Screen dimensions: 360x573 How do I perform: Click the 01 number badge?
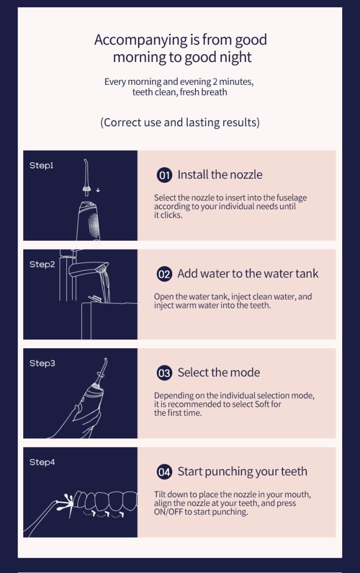pos(164,175)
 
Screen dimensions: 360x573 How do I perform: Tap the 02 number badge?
pos(164,274)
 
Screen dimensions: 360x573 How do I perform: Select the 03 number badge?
pos(164,373)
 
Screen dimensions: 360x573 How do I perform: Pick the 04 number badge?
pos(164,472)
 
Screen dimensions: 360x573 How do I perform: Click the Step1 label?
pos(42,166)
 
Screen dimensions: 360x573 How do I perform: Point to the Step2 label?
pos(42,264)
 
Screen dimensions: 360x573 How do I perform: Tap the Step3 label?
pos(42,363)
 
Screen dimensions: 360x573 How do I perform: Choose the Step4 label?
pos(42,462)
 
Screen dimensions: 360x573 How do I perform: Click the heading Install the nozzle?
pos(220,175)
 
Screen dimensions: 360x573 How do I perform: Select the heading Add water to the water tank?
pos(248,273)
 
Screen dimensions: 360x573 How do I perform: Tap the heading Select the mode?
pos(219,373)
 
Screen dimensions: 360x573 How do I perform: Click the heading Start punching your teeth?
pos(243,472)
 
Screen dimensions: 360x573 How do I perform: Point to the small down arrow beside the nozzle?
pos(98,190)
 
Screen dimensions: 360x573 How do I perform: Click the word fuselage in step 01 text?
pos(292,198)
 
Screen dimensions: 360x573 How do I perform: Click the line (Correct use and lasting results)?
pos(180,122)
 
